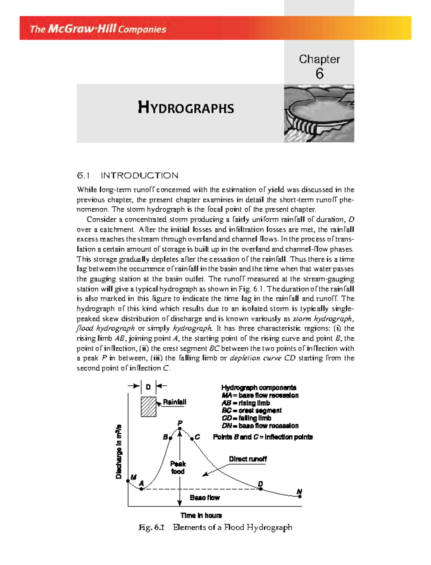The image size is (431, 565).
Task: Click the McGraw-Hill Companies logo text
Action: pyautogui.click(x=98, y=29)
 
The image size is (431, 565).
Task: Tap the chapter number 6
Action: pyautogui.click(x=319, y=74)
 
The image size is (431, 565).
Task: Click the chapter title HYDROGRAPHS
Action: pyautogui.click(x=186, y=108)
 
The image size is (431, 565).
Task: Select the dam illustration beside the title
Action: pyautogui.click(x=319, y=114)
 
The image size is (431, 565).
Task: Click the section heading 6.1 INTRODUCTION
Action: pyautogui.click(x=128, y=175)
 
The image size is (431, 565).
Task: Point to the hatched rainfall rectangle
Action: pyautogui.click(x=148, y=406)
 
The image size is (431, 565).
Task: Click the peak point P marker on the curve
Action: pyautogui.click(x=180, y=428)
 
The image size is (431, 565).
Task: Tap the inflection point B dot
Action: pyautogui.click(x=171, y=438)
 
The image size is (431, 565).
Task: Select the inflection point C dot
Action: pyautogui.click(x=192, y=438)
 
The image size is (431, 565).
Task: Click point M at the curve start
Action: pyautogui.click(x=128, y=481)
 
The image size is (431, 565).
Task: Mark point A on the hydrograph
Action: pyautogui.click(x=142, y=489)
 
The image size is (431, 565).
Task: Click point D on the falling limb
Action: pyautogui.click(x=261, y=489)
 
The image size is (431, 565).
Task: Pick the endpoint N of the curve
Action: pyautogui.click(x=300, y=496)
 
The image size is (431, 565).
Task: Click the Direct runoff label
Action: pyautogui.click(x=248, y=459)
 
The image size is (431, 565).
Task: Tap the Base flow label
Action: pyautogui.click(x=205, y=497)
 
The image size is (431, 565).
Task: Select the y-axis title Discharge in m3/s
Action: pyautogui.click(x=119, y=451)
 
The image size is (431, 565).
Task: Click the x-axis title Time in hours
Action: pyautogui.click(x=201, y=515)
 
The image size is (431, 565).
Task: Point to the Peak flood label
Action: pyautogui.click(x=178, y=467)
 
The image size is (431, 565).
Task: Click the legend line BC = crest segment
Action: pyautogui.click(x=251, y=410)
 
